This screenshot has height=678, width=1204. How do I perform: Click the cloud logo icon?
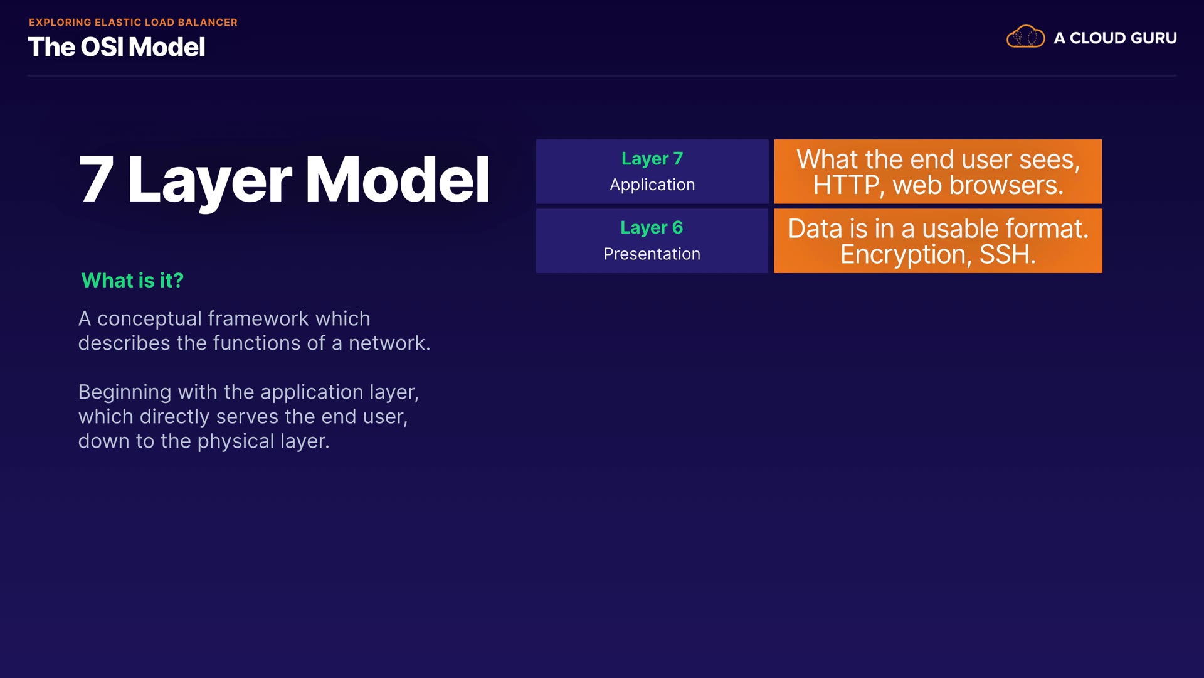click(x=1025, y=36)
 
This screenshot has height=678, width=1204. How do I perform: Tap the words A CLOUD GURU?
click(x=1115, y=38)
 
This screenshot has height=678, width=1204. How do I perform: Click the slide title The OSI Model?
click(x=117, y=47)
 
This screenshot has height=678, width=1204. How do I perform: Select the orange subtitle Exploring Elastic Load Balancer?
click(x=133, y=22)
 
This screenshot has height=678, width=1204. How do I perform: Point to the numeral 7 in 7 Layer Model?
click(x=97, y=180)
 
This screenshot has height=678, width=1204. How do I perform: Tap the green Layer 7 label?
click(x=652, y=159)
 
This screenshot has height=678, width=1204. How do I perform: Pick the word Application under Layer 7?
click(x=652, y=185)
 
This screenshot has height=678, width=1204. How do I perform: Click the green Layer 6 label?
click(x=652, y=228)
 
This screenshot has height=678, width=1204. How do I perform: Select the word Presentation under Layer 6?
click(x=652, y=254)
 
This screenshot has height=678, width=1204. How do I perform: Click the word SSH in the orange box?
click(x=1008, y=254)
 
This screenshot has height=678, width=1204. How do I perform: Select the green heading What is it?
click(x=132, y=280)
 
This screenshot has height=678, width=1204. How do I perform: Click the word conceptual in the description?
click(x=150, y=319)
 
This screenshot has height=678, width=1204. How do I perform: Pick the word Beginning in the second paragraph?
click(x=125, y=393)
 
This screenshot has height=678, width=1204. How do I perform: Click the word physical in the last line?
click(x=236, y=441)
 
